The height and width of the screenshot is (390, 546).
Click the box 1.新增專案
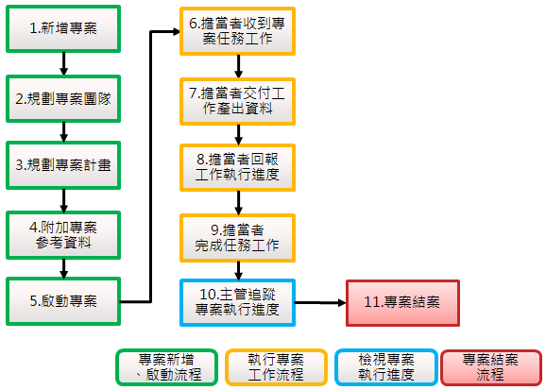(x=63, y=29)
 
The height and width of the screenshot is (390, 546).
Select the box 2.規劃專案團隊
(x=63, y=99)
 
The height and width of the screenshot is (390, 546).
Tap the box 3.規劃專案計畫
(x=63, y=165)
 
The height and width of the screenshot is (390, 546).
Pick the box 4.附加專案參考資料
(x=63, y=235)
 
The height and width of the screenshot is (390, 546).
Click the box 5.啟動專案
(x=63, y=301)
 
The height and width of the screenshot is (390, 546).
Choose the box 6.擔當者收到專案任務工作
(x=237, y=31)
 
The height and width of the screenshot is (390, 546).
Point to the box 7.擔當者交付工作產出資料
(x=237, y=101)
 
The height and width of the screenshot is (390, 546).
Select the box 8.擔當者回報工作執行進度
(x=237, y=167)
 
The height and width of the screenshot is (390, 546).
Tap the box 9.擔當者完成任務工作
(x=237, y=238)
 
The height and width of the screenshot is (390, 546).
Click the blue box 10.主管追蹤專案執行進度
(x=237, y=302)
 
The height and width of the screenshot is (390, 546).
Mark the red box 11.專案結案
(x=402, y=303)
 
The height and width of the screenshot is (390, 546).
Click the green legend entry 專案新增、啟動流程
(x=167, y=367)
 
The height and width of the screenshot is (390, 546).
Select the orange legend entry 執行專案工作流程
(x=276, y=367)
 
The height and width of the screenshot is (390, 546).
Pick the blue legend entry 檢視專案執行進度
(x=386, y=367)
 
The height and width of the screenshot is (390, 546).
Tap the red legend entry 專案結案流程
(x=491, y=367)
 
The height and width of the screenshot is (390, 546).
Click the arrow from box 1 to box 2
(x=63, y=64)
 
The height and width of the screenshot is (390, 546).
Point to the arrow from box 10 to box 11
(x=321, y=303)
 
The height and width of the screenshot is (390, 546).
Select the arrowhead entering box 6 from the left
(x=176, y=32)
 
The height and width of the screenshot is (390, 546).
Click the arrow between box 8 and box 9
(x=238, y=203)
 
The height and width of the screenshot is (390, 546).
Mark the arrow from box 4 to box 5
(x=63, y=268)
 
